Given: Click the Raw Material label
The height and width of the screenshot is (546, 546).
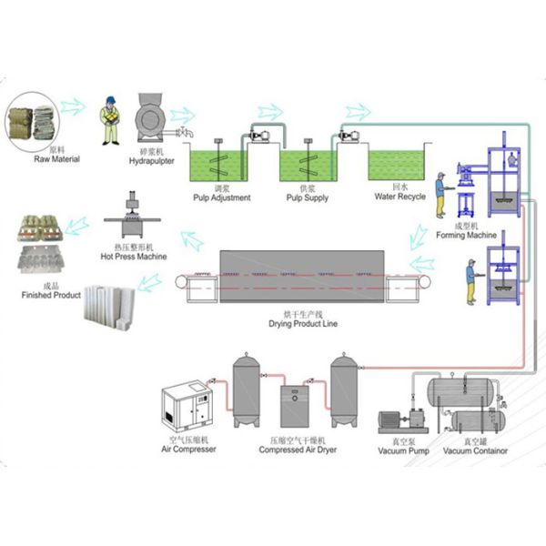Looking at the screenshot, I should tap(57, 160).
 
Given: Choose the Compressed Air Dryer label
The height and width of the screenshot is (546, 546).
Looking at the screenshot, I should tap(294, 450).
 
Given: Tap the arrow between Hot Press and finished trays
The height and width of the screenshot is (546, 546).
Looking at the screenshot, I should tap(80, 221).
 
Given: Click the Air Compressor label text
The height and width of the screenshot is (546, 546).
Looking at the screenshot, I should tap(188, 450).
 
